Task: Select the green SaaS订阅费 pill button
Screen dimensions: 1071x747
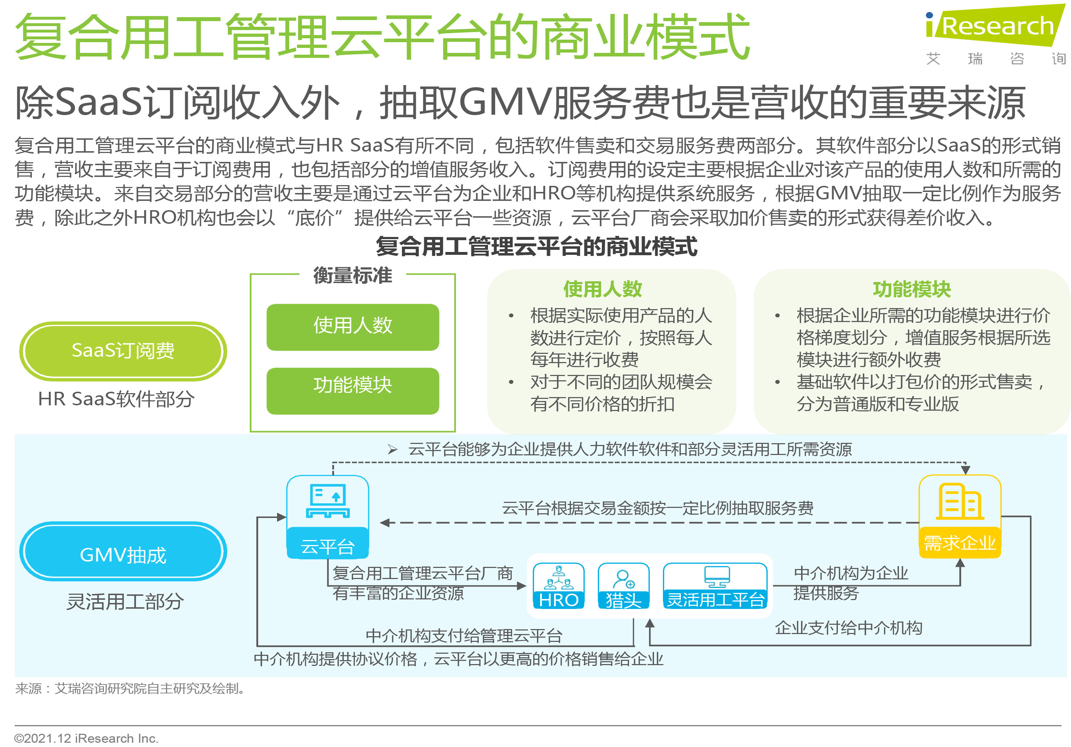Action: (123, 351)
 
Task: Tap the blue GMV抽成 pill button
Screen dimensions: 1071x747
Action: (123, 551)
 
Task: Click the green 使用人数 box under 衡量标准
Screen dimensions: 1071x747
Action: (353, 327)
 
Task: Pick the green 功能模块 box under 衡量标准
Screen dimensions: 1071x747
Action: (353, 391)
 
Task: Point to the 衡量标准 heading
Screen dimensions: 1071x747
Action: (353, 276)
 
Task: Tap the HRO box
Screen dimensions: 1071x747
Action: (558, 586)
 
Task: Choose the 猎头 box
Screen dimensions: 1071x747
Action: (624, 586)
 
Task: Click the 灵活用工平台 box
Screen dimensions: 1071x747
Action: (715, 586)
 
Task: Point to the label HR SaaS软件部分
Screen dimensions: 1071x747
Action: (116, 399)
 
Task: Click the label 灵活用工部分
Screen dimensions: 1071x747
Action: (125, 601)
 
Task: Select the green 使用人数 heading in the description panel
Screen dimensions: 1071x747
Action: (603, 290)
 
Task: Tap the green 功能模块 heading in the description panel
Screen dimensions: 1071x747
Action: (912, 290)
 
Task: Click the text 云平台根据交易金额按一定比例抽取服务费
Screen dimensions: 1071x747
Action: (658, 508)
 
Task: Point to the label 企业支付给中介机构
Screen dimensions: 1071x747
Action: (849, 628)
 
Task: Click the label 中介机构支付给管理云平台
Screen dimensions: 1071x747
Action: (464, 636)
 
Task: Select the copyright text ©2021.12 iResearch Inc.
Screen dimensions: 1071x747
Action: (86, 738)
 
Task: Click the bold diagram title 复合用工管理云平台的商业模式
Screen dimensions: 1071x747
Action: (537, 247)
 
